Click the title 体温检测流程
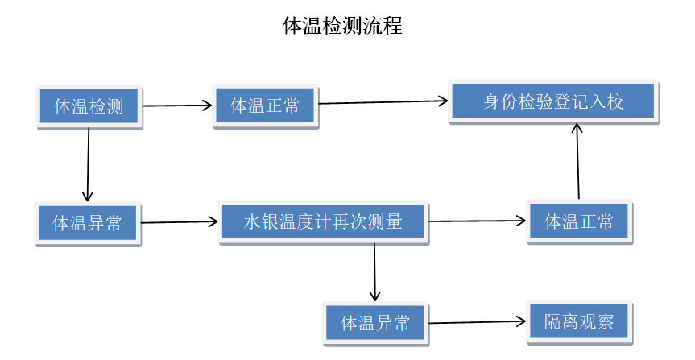point(342,26)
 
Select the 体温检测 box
point(89,106)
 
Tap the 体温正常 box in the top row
point(265,106)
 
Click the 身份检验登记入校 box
point(553,101)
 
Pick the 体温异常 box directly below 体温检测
point(88,223)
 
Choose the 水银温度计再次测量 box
point(322,221)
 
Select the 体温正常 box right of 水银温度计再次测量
point(579,221)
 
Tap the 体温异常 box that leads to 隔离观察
point(375,323)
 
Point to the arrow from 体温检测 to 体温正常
point(177,105)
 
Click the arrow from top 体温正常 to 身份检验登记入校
point(383,101)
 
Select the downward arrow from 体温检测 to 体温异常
point(89,165)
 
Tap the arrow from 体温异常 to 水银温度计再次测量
point(180,221)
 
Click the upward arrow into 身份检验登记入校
point(577,161)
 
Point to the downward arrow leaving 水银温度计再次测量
point(374,272)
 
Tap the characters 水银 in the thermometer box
point(261,221)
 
